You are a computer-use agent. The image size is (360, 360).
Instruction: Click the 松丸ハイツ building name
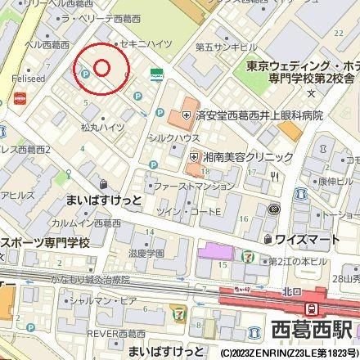tap(101, 127)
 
